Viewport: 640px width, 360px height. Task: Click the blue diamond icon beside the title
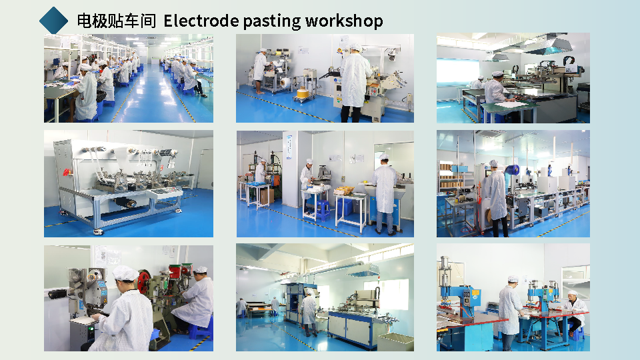pyautogui.click(x=53, y=21)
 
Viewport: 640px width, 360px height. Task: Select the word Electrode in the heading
pyautogui.click(x=201, y=21)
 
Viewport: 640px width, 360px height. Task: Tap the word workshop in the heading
pyautogui.click(x=344, y=21)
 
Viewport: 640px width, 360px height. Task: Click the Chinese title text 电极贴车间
pyautogui.click(x=117, y=21)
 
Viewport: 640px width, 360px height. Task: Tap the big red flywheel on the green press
pyautogui.click(x=143, y=281)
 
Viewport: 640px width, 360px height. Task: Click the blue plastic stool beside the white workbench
pyautogui.click(x=323, y=211)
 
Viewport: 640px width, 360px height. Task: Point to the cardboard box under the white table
pyautogui.click(x=267, y=196)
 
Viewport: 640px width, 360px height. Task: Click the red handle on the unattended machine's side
pyautogui.click(x=66, y=173)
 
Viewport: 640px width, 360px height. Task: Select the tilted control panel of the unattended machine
pyautogui.click(x=164, y=192)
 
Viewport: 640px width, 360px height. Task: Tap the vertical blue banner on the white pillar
pyautogui.click(x=289, y=147)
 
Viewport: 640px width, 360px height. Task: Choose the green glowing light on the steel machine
pyautogui.click(x=91, y=328)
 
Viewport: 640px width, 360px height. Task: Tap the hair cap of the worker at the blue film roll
pyautogui.click(x=493, y=163)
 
